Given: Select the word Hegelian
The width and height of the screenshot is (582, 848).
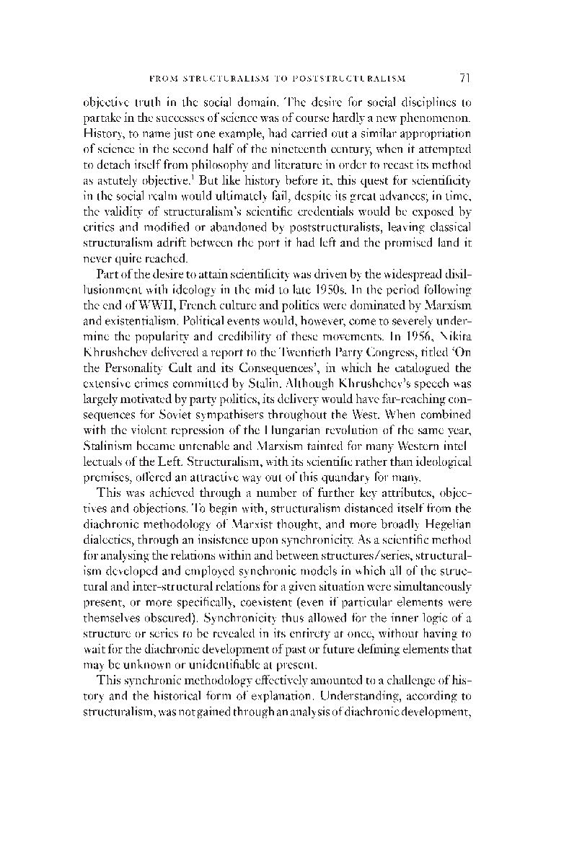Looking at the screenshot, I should (446, 533).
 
